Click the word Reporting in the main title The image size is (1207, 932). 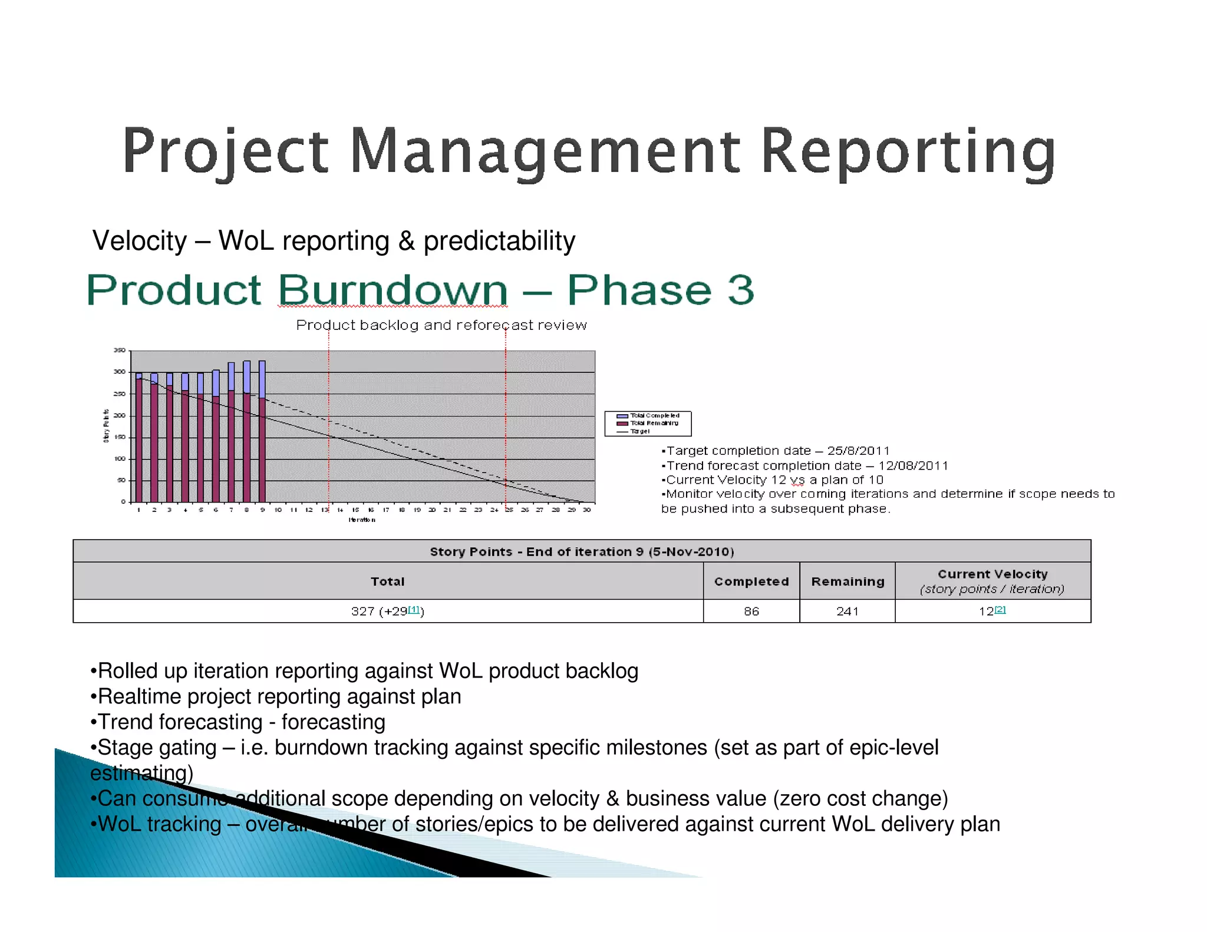(x=908, y=152)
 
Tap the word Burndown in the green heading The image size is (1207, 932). (x=393, y=290)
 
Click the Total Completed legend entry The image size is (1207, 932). (x=654, y=415)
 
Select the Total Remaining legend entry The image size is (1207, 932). (x=654, y=423)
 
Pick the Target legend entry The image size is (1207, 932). (x=639, y=431)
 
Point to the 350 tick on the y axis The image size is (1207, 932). (x=119, y=351)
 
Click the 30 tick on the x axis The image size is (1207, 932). (x=586, y=510)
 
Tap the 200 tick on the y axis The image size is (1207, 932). (x=119, y=415)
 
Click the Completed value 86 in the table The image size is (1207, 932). (x=751, y=612)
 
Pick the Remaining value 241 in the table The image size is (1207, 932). (x=847, y=612)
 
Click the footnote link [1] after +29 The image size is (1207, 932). (x=414, y=609)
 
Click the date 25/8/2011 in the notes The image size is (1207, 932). (x=858, y=451)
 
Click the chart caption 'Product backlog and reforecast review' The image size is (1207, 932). (x=441, y=325)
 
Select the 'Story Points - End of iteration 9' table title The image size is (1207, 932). (x=582, y=551)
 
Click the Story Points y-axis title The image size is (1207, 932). (x=106, y=425)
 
